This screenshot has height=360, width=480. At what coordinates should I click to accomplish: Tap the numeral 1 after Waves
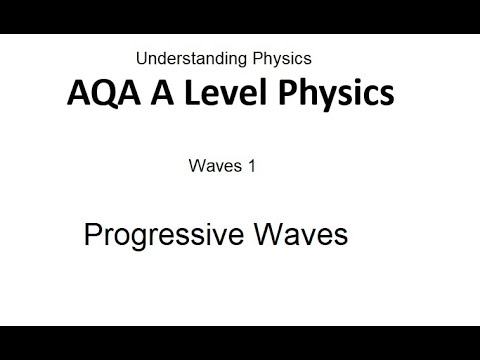click(252, 167)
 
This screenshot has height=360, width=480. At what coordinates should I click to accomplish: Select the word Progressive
click(158, 236)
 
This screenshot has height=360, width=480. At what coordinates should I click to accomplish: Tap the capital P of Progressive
click(92, 235)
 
